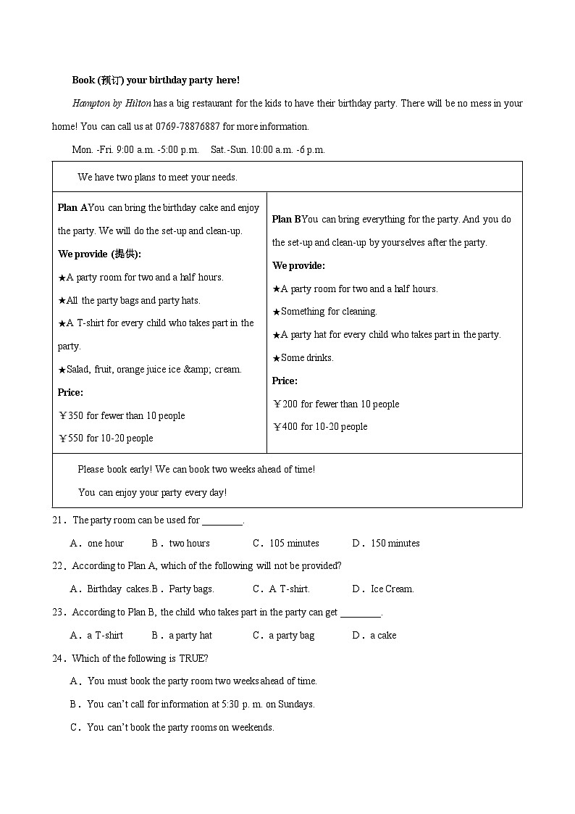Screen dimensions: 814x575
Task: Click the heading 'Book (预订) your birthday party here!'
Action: click(x=156, y=80)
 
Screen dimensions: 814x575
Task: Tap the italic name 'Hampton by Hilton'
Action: click(x=112, y=103)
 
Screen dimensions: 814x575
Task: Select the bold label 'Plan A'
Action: click(x=72, y=207)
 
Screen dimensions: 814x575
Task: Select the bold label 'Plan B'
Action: click(x=286, y=219)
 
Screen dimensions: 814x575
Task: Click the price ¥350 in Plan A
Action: click(x=72, y=415)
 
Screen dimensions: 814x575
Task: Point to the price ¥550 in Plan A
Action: click(x=72, y=438)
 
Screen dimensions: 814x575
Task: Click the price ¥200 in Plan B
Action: click(x=286, y=404)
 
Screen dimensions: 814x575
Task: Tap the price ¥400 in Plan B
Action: click(x=286, y=426)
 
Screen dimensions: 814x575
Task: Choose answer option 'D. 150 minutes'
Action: click(x=387, y=543)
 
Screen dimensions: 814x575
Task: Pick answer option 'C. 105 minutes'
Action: click(x=286, y=543)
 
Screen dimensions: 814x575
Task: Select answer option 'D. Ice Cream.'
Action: click(x=384, y=589)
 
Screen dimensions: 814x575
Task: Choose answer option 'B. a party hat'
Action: click(x=182, y=635)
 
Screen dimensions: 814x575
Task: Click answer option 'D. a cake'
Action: click(x=375, y=635)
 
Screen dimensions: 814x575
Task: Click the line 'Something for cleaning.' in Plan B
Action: click(x=324, y=311)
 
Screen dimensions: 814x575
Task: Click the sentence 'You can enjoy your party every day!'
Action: click(x=152, y=492)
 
